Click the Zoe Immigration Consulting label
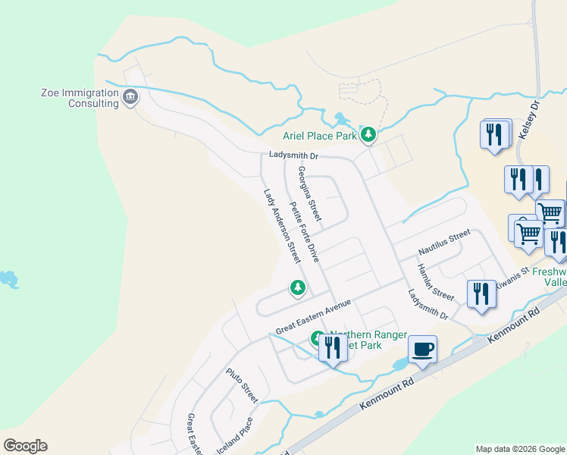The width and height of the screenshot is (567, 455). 80,99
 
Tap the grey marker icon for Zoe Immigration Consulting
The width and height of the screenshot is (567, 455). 130,97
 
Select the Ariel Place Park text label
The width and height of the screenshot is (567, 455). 319,136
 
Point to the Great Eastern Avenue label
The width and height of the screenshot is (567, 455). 313,317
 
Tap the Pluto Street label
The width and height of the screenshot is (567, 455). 242,385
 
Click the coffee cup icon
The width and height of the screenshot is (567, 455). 423,350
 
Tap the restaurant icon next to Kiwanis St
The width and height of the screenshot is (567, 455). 481,293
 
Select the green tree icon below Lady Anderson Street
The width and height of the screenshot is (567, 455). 298,287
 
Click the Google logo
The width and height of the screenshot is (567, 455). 25,446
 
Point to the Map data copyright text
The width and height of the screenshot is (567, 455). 520,449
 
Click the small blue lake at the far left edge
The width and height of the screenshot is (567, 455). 8,280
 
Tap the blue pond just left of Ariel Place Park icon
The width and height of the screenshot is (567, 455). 340,119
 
